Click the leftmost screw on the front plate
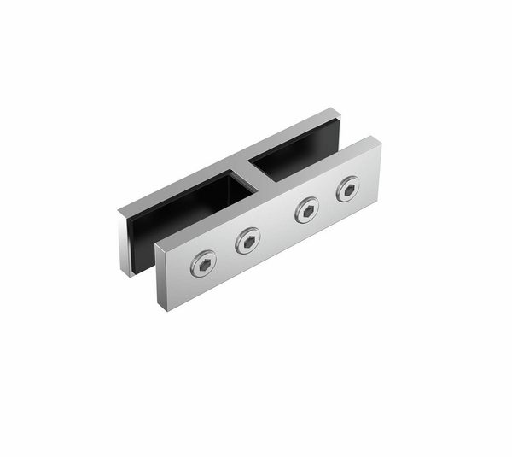pos(203,264)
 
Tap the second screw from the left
pos(248,242)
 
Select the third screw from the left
pos(306,210)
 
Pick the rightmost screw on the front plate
pos(348,189)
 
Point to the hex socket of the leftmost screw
pos(203,264)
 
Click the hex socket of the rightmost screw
pos(348,189)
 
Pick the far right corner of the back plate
pos(340,115)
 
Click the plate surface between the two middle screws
pos(277,226)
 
